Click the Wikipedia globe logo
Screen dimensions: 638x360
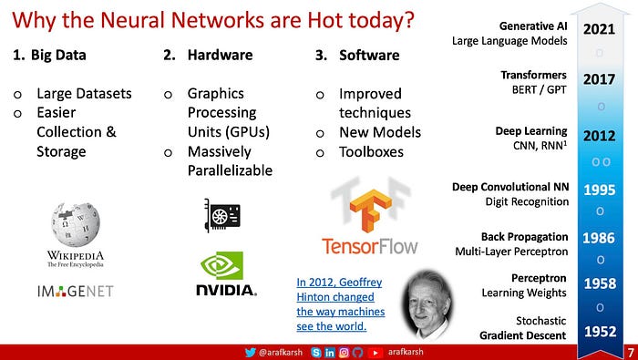(x=76, y=224)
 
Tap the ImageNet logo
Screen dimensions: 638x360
(x=76, y=291)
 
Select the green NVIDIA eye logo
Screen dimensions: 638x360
(x=221, y=265)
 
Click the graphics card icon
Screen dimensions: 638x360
(x=222, y=215)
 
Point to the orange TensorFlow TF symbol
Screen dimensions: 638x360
(x=371, y=208)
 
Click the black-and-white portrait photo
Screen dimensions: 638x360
(x=427, y=303)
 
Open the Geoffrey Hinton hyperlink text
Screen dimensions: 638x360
(x=341, y=304)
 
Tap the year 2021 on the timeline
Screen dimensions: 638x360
(x=599, y=29)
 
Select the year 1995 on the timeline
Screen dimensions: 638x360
(x=600, y=190)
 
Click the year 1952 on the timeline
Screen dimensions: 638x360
(x=600, y=332)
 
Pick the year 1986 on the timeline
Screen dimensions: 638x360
(x=599, y=238)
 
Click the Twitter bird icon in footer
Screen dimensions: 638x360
(x=251, y=353)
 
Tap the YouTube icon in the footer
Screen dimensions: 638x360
(x=376, y=353)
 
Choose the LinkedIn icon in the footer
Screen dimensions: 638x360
(x=330, y=353)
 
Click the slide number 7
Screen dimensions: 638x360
(x=631, y=353)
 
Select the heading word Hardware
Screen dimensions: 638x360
(x=221, y=55)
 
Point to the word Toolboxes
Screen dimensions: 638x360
(x=372, y=152)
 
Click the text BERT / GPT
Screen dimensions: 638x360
(x=540, y=89)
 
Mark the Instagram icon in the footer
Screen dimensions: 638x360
(x=344, y=353)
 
